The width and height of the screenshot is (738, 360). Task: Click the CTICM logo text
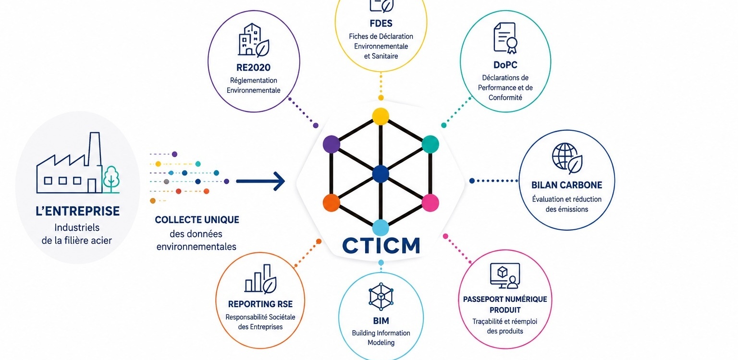point(381,245)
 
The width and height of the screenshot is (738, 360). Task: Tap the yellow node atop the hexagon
point(381,116)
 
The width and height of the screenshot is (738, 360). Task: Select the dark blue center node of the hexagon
point(381,174)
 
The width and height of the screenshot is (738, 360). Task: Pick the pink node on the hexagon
point(430,202)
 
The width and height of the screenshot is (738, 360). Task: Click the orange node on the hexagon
point(331,202)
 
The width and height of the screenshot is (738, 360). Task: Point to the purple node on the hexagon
point(331,144)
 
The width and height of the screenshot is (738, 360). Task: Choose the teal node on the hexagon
point(430,144)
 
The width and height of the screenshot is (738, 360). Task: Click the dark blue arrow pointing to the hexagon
point(260,181)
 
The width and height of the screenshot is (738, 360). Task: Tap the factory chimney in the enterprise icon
point(95,149)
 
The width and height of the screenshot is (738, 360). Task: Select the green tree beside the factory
point(111,179)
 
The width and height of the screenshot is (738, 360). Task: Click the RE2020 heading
point(253,68)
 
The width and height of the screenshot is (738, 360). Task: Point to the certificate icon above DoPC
point(505,38)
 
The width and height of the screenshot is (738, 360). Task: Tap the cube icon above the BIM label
point(381,297)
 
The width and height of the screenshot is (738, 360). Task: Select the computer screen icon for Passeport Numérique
point(505,275)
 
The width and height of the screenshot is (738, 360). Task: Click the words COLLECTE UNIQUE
point(197,220)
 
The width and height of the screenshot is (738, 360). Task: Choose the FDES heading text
point(381,24)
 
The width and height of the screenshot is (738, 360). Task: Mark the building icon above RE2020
point(254,40)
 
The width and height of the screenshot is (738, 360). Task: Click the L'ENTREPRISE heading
point(77,211)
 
